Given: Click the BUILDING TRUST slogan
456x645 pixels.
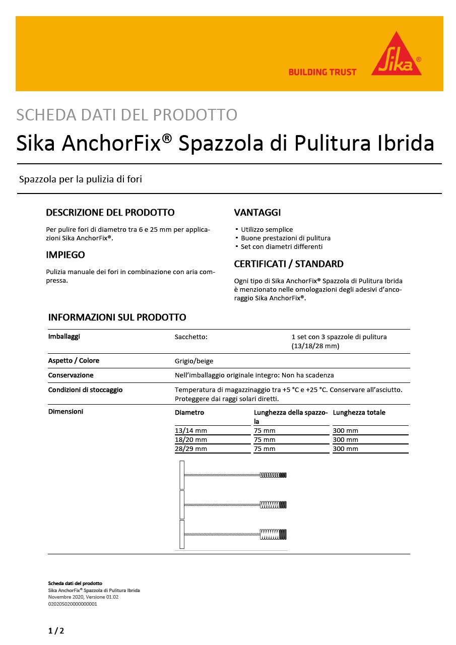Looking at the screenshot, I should (322, 72).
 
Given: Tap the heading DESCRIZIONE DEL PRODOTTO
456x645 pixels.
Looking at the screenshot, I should (110, 213).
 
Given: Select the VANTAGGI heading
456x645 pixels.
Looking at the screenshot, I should (257, 213).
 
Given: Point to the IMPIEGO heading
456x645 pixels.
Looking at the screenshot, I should (66, 255).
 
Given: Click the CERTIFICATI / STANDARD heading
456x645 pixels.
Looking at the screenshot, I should (289, 264).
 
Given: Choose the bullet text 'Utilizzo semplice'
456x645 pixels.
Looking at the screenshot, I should (267, 230).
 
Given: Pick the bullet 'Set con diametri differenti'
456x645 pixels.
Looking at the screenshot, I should (282, 247).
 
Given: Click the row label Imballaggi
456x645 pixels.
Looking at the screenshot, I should (64, 337).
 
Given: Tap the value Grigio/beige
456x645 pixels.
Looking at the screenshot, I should (193, 361).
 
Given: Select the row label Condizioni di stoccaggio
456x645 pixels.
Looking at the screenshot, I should (85, 390).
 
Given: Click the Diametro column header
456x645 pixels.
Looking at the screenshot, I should (189, 413).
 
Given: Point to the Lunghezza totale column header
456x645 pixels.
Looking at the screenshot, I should (359, 413).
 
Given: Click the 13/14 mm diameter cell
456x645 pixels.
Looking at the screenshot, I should (191, 431).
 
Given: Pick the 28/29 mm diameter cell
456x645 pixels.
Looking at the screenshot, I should (191, 449).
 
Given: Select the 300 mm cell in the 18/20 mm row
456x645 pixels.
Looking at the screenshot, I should (345, 440).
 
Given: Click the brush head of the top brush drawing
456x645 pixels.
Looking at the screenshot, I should (273, 475).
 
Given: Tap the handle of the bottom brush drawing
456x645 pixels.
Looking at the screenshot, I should (182, 534).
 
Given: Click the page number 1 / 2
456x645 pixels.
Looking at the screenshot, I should (56, 631).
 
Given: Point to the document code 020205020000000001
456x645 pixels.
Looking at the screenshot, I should (73, 604).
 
